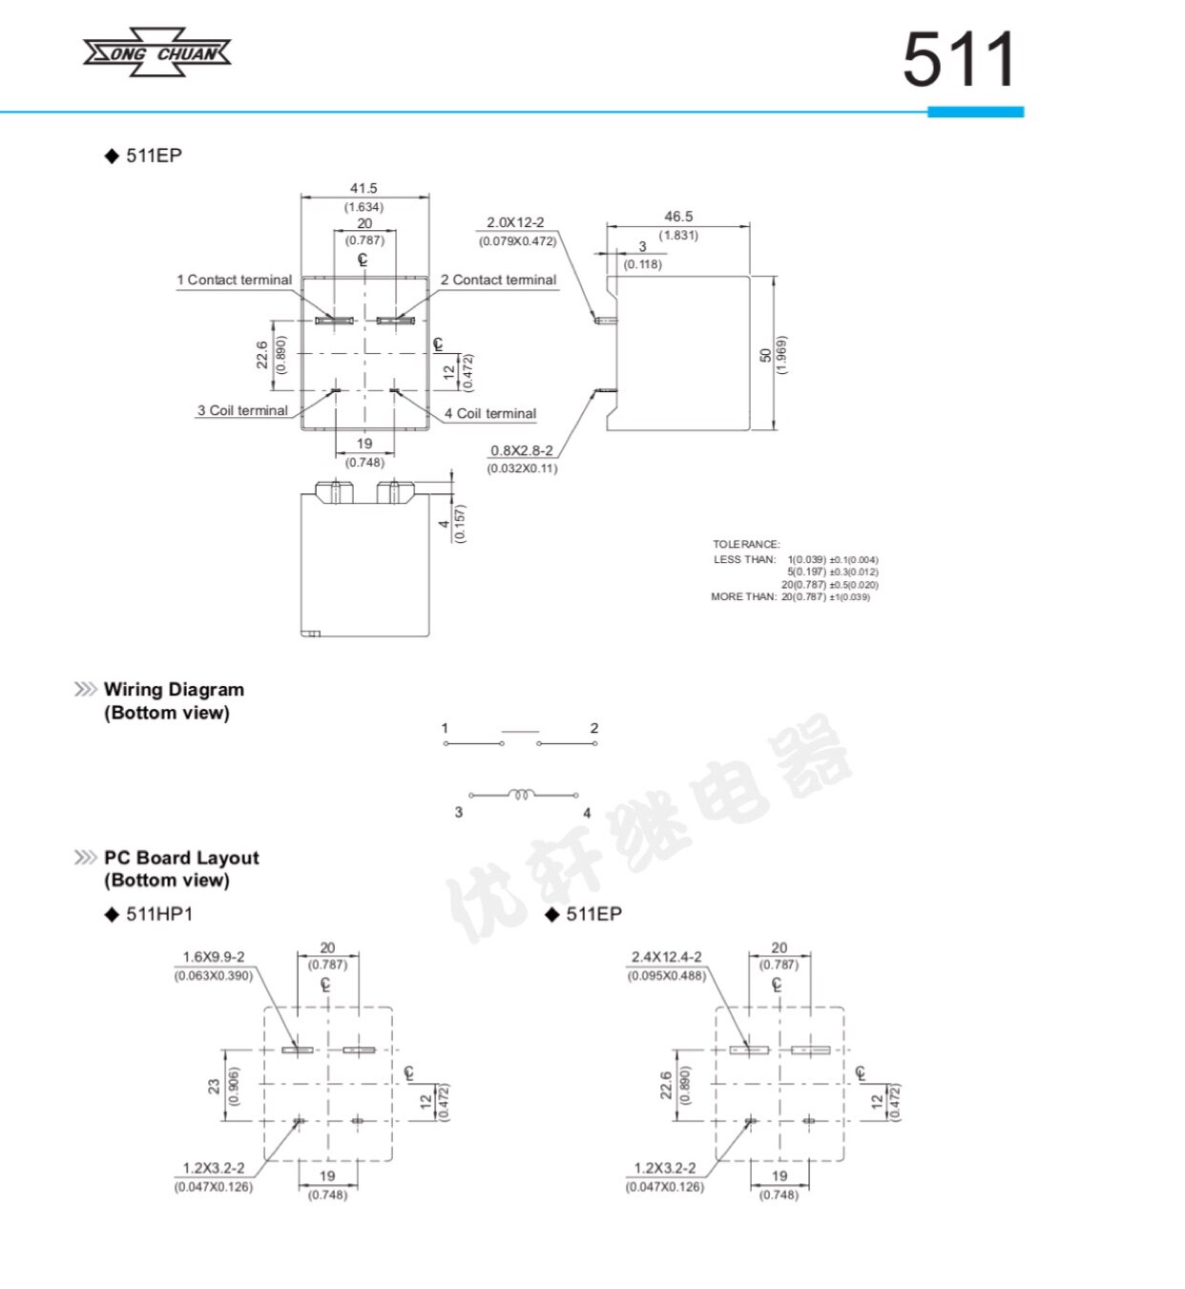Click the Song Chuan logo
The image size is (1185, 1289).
(x=156, y=52)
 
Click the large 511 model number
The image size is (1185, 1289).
(x=958, y=60)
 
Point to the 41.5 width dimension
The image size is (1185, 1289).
(x=364, y=188)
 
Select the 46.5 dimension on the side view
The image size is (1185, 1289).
(x=678, y=217)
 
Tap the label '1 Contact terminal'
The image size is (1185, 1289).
(x=235, y=280)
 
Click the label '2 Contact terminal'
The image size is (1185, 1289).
(x=498, y=280)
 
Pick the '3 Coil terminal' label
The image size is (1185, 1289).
(x=242, y=410)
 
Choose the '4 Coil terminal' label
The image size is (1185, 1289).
(x=490, y=413)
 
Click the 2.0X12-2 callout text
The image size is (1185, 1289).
(x=515, y=222)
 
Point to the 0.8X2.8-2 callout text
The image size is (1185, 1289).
(x=522, y=450)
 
